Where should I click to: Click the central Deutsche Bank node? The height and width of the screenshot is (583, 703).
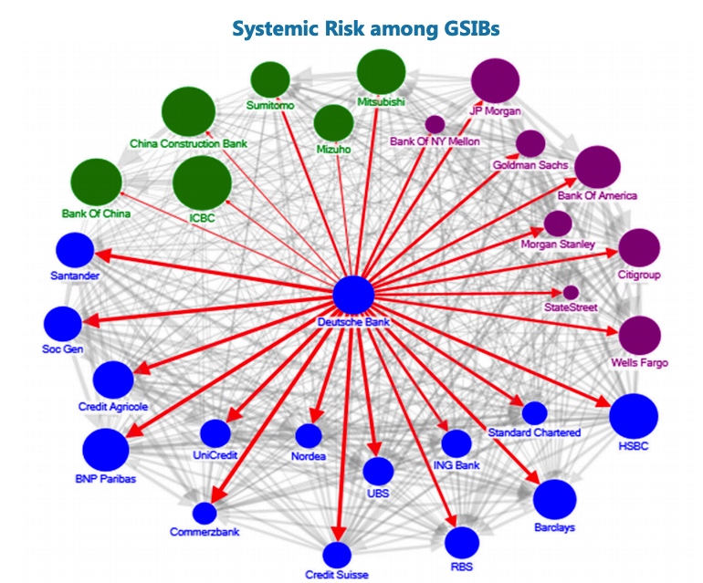pos(353,295)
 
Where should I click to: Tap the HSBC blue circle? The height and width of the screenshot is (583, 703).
pos(634,417)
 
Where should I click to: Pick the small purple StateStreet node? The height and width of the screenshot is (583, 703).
pos(571,292)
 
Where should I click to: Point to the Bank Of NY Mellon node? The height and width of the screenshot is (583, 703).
pos(435,124)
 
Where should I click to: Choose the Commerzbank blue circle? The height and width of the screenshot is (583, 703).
pos(205,514)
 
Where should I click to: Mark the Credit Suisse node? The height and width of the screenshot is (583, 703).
pos(337,555)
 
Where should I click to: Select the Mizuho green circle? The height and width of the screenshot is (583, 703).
pos(333,123)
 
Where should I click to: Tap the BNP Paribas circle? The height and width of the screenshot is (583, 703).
pos(106,449)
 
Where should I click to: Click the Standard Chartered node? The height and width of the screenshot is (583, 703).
pos(534,412)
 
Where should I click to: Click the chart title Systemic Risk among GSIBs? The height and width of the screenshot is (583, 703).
pos(365,28)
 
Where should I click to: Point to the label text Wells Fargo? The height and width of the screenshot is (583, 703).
pos(639,363)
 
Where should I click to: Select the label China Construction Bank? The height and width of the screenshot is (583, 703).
pos(189,143)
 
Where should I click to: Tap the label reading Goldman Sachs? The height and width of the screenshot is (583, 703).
pos(530,165)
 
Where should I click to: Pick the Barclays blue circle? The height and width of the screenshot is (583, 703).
pos(554,499)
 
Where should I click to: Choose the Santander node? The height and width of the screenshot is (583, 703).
pos(75,251)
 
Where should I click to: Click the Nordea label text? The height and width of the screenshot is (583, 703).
pos(309,456)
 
